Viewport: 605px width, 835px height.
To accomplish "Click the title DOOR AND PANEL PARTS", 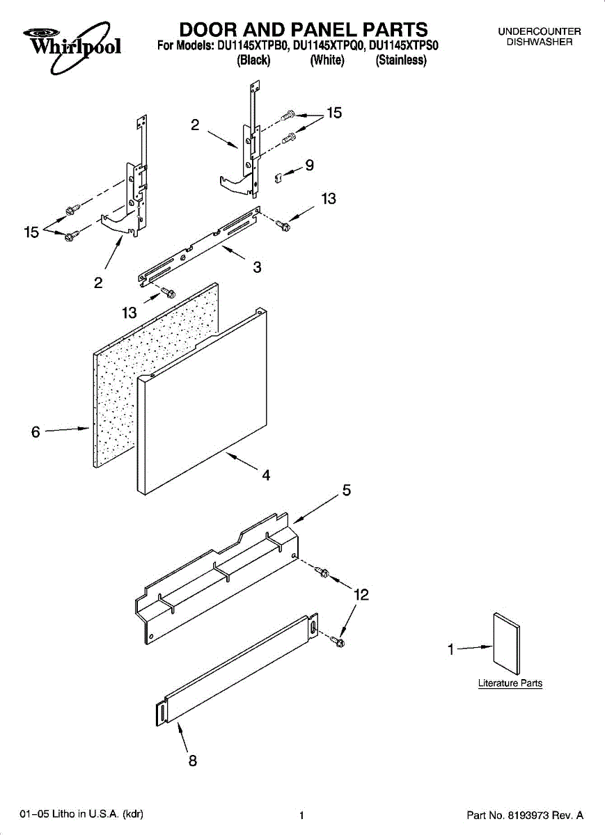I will coord(304,29).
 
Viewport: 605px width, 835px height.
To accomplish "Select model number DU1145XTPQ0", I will coord(329,46).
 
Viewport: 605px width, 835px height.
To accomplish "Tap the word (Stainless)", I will coord(401,61).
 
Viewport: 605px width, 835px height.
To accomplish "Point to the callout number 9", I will coord(309,166).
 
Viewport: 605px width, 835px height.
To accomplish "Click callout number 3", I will coord(257,267).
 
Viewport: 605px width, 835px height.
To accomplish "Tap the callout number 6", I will coord(36,432).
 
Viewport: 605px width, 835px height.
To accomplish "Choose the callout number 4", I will coord(266,476).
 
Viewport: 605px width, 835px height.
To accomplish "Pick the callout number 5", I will coord(346,491).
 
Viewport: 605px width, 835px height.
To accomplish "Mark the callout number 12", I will coord(361,595).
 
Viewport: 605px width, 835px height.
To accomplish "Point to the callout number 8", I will coord(192,761).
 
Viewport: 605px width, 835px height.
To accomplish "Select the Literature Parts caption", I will coord(510,683).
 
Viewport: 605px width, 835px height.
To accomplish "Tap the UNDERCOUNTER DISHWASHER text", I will coord(539,37).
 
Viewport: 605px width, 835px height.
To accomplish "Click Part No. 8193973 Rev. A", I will coord(524,815).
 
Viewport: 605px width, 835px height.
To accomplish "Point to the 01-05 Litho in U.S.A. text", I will coord(82,814).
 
